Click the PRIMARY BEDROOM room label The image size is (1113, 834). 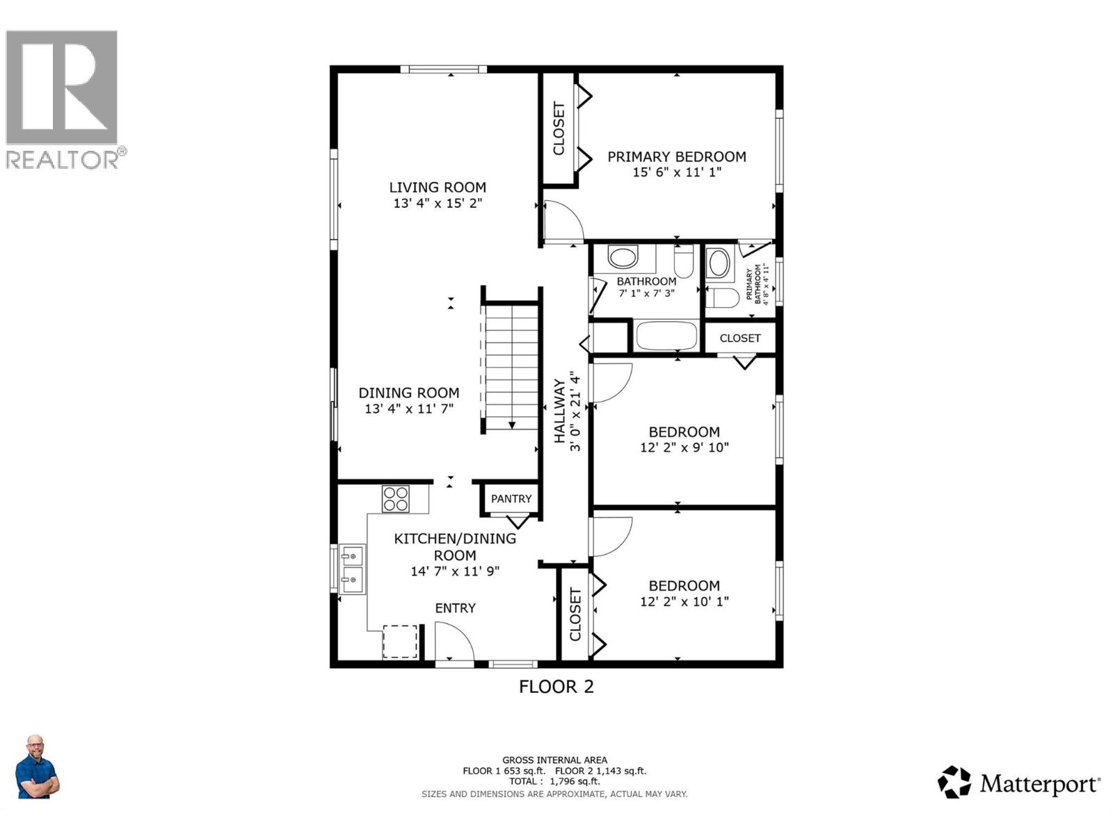676,156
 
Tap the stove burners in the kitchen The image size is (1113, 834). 396,498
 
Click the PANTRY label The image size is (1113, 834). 511,498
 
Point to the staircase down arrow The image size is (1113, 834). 511,424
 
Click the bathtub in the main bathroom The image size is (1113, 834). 666,336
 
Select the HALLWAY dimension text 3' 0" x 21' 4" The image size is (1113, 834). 575,411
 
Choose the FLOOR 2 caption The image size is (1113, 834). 556,687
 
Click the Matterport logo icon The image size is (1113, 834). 954,782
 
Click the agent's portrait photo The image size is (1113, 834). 36,767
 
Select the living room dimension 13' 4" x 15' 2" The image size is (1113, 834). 438,203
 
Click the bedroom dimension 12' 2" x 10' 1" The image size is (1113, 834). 684,601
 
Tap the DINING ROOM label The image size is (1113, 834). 408,392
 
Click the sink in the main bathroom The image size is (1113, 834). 623,257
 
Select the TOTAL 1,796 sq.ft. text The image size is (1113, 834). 554,781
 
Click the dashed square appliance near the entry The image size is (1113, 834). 400,641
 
